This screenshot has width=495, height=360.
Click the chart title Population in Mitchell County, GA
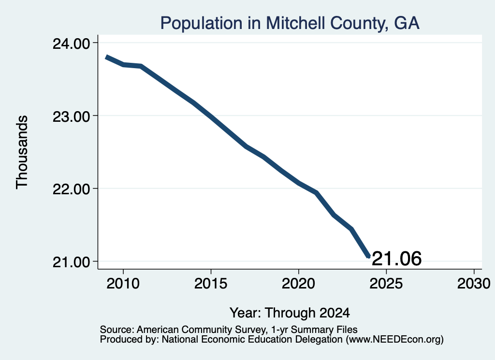click(290, 23)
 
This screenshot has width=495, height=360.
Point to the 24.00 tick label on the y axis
click(72, 43)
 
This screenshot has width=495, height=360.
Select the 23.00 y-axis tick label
click(72, 116)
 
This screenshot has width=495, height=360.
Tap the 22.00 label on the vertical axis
click(72, 189)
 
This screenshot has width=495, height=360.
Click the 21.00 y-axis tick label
click(72, 262)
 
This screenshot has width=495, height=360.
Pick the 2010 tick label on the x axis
click(123, 284)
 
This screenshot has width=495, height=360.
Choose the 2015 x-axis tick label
click(211, 284)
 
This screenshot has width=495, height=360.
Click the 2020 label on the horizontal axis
click(298, 284)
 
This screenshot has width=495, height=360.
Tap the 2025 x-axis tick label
click(386, 284)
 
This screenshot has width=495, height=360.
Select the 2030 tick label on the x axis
click(474, 284)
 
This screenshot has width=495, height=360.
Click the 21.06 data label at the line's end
click(397, 259)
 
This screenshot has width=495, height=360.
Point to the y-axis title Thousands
click(22, 152)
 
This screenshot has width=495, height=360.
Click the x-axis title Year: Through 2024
click(290, 313)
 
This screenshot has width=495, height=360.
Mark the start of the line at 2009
click(106, 57)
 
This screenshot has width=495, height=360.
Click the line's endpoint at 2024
click(368, 256)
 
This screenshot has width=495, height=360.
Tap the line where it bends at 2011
click(141, 66)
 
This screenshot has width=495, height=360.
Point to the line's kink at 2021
click(316, 193)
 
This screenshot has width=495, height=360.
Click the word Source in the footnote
click(116, 330)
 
